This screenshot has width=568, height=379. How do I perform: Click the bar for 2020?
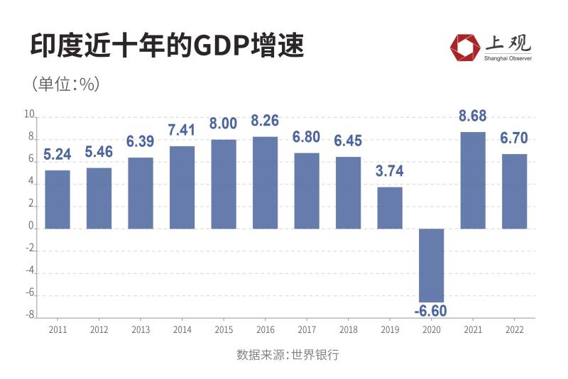pyautogui.click(x=431, y=265)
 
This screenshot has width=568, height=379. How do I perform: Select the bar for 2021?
pyautogui.click(x=473, y=180)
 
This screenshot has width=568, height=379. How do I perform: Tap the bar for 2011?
pyautogui.click(x=58, y=199)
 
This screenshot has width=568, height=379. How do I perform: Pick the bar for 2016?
pyautogui.click(x=265, y=182)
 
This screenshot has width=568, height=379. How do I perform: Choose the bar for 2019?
pyautogui.click(x=390, y=208)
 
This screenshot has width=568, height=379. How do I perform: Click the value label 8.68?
pyautogui.click(x=473, y=117)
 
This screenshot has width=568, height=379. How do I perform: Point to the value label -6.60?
pyautogui.click(x=430, y=311)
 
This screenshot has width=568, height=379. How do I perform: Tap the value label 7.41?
pyautogui.click(x=182, y=131)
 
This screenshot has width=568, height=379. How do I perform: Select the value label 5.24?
pyautogui.click(x=58, y=154)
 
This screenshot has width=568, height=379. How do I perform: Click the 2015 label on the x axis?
pyautogui.click(x=224, y=330)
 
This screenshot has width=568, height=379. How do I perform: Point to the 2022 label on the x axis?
pyautogui.click(x=514, y=330)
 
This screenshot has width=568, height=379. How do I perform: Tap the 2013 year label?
pyautogui.click(x=141, y=330)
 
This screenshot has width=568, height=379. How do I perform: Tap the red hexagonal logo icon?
pyautogui.click(x=464, y=47)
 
